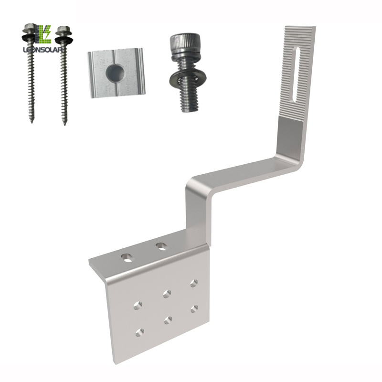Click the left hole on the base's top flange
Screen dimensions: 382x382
(x=127, y=257)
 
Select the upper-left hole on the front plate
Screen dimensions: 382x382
(x=138, y=304)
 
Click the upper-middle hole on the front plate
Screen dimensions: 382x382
(x=167, y=293)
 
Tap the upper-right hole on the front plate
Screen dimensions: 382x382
(x=193, y=283)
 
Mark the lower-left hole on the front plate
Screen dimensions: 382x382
(x=139, y=332)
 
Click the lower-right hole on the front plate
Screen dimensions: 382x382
(x=194, y=308)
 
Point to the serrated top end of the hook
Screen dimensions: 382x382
(x=299, y=33)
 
